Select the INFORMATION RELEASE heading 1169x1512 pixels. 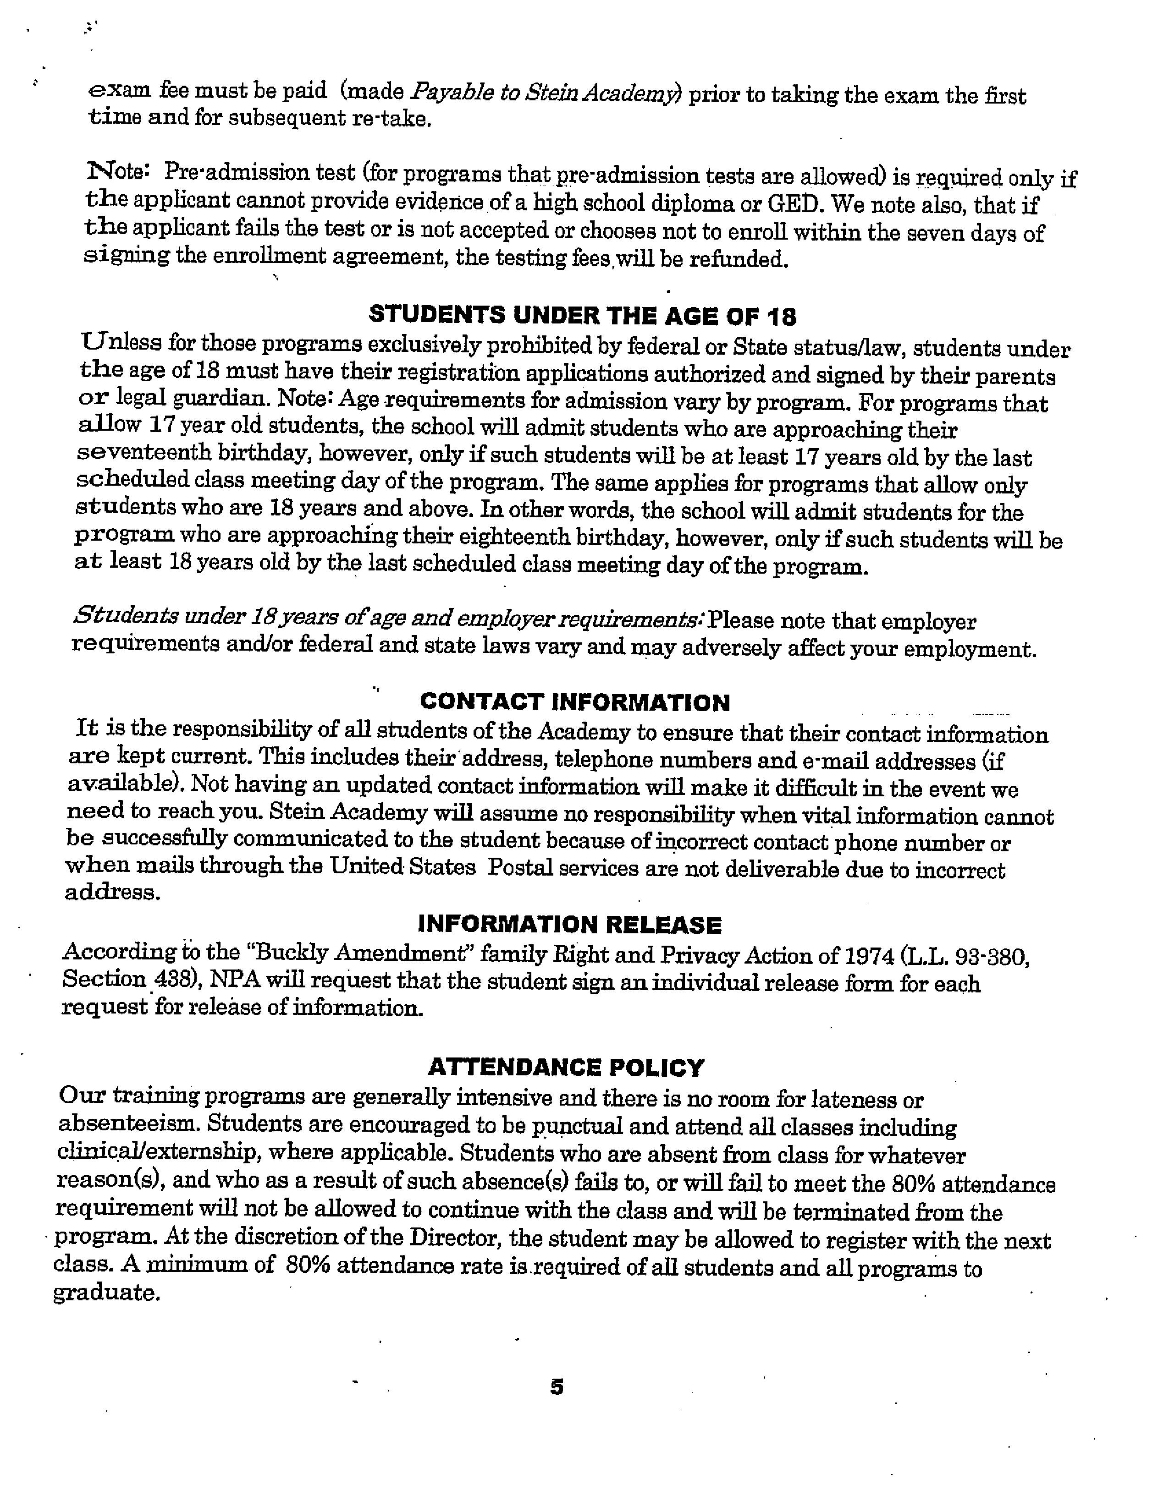[570, 925]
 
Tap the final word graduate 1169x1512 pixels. [107, 1293]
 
